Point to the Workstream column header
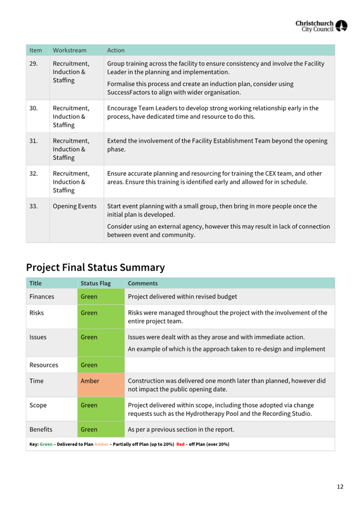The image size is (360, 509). pyautogui.click(x=69, y=51)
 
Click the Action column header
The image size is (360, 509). pyautogui.click(x=116, y=51)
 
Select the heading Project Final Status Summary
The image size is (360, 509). pyautogui.click(x=95, y=267)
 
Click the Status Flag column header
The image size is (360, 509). pyautogui.click(x=95, y=284)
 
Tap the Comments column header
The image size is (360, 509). pyautogui.click(x=142, y=284)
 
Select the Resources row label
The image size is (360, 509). pyautogui.click(x=44, y=365)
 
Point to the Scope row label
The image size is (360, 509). pyautogui.click(x=38, y=405)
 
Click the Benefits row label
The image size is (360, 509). pyautogui.click(x=41, y=429)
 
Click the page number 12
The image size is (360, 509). pyautogui.click(x=340, y=486)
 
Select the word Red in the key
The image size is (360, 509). pyautogui.click(x=180, y=445)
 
